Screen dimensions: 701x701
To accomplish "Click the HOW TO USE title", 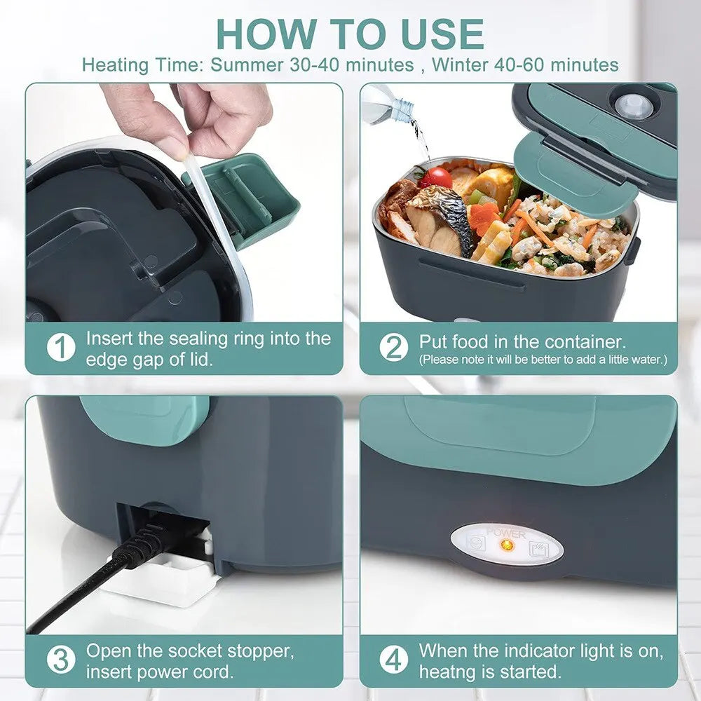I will coord(350,33).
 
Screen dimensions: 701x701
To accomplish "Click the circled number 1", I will coord(62,348).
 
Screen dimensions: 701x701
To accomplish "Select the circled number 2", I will coord(394,348).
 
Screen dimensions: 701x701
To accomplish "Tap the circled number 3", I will coord(62,660).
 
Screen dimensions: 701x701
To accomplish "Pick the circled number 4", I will coord(394,660).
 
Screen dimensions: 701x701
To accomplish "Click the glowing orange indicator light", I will coord(509,545).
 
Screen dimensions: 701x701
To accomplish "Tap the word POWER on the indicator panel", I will coord(506,533).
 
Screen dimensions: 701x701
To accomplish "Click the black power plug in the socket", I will coord(151,544).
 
